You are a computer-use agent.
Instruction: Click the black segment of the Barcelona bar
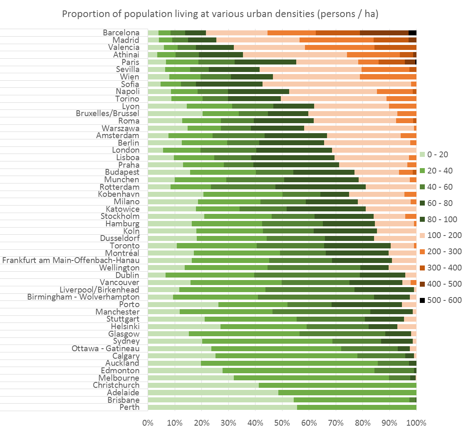(412, 32)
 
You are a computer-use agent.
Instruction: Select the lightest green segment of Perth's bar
(222, 407)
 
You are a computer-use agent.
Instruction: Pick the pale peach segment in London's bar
(374, 150)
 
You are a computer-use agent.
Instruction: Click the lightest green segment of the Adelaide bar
(213, 392)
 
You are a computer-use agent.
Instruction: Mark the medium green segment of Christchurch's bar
(337, 385)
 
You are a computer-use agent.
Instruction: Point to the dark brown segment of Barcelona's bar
(384, 32)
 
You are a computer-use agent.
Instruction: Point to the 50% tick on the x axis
(282, 423)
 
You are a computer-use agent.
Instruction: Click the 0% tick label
(148, 423)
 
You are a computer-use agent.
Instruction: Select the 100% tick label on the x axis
(416, 423)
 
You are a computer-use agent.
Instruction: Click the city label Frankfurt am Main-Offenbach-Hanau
(71, 260)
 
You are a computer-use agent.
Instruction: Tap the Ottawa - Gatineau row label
(105, 348)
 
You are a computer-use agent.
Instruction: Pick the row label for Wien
(129, 77)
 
